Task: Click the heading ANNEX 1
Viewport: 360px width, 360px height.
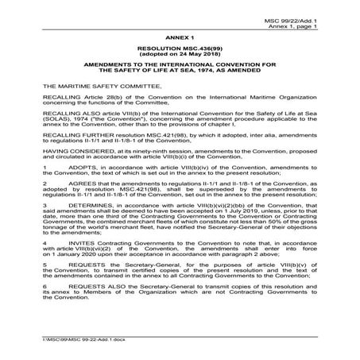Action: [x=180, y=37]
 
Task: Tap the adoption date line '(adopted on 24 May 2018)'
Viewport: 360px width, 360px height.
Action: [x=180, y=54]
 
